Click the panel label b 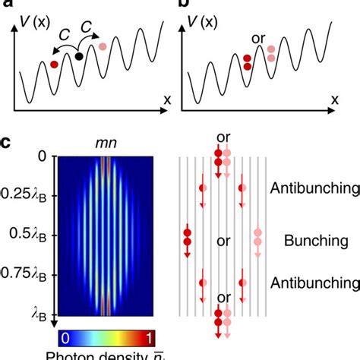pyautogui.click(x=185, y=6)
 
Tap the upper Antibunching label pyautogui.click(x=317, y=186)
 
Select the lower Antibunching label pyautogui.click(x=317, y=283)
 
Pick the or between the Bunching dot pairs pyautogui.click(x=223, y=242)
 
